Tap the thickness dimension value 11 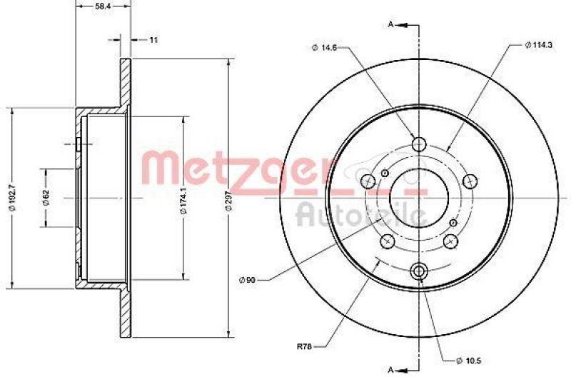point(153,39)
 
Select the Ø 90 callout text point(247,279)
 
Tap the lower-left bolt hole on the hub point(387,241)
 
